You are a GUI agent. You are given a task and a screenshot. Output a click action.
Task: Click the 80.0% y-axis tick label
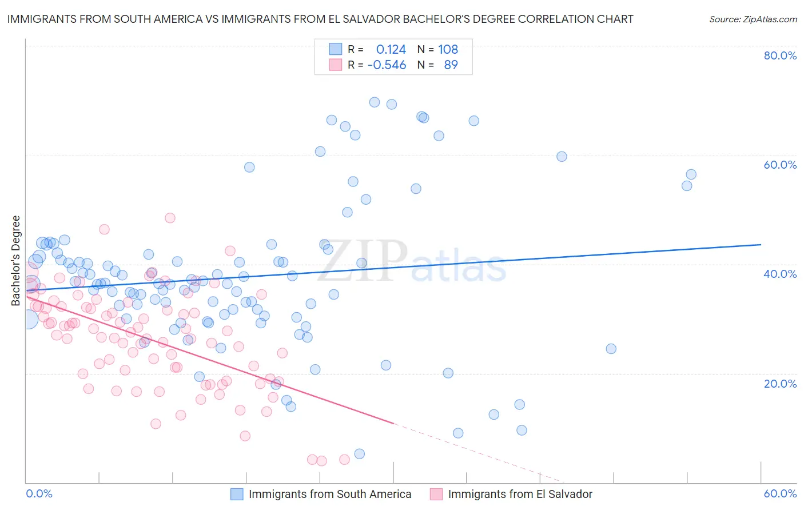[780, 55]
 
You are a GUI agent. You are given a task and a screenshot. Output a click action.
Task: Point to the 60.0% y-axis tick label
[780, 165]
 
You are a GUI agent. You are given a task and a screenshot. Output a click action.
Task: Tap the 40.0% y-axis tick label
[780, 274]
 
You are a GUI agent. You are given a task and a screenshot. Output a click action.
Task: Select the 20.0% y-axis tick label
[780, 383]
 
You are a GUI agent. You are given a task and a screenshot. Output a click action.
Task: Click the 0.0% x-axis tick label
[39, 493]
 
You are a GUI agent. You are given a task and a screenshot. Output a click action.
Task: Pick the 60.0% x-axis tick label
[780, 493]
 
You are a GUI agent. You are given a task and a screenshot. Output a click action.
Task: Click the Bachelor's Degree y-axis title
[16, 261]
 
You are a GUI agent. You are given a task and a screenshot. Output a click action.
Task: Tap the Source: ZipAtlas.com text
[753, 19]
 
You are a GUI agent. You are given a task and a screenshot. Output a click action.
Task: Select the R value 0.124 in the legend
[391, 49]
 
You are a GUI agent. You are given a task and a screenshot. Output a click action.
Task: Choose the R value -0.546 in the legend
[387, 65]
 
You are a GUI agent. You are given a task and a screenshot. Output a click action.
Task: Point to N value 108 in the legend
[448, 49]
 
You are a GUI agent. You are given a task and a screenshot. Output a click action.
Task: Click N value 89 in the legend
[451, 65]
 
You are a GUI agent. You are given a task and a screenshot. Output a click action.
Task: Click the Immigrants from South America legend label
[330, 494]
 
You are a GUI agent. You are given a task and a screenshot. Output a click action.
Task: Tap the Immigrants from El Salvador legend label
[520, 494]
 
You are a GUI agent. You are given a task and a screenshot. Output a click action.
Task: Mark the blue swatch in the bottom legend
[237, 494]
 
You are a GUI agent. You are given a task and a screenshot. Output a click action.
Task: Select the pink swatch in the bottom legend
[436, 494]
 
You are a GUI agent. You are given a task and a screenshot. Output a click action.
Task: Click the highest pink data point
[170, 218]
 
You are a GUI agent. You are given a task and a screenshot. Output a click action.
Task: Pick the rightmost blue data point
[691, 174]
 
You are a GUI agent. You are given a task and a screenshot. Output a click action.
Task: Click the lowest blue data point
[359, 454]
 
